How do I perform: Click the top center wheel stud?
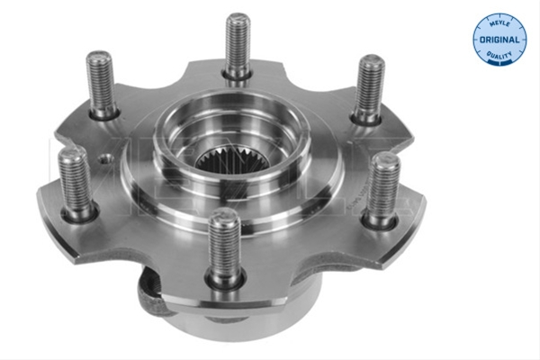click(238, 47)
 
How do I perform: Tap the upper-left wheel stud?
click(101, 84)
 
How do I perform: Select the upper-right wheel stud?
click(369, 88)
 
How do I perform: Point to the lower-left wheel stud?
click(76, 182)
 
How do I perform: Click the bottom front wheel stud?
click(225, 247)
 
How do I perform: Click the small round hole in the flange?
click(106, 159)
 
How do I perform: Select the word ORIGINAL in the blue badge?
click(499, 40)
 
